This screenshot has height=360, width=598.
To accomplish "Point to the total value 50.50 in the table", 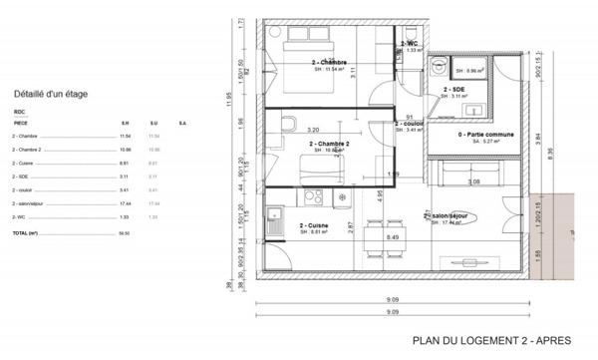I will click(x=125, y=231).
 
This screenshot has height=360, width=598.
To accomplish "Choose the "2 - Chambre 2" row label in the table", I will click(x=29, y=149).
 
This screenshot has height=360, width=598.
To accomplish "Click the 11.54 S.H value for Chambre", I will click(x=125, y=135).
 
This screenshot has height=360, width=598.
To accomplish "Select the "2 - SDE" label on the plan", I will click(x=456, y=89).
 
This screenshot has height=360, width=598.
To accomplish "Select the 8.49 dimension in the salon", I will click(x=393, y=237).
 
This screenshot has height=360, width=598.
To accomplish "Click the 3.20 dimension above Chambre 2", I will click(x=312, y=131).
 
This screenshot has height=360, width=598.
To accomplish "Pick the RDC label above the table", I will click(x=19, y=112).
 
